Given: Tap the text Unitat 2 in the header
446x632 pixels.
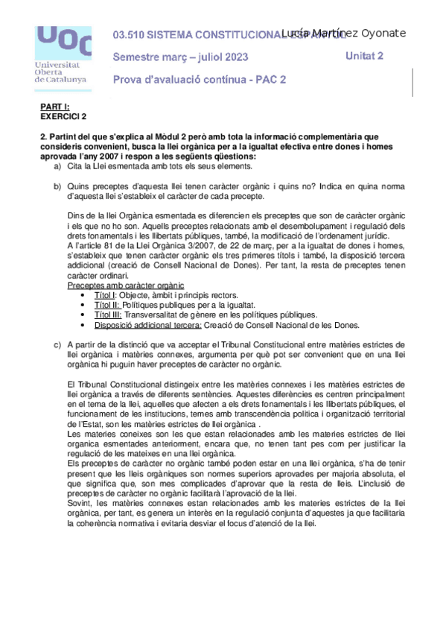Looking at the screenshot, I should click(365, 56).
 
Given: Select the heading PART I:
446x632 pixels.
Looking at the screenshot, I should click(54, 107).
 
